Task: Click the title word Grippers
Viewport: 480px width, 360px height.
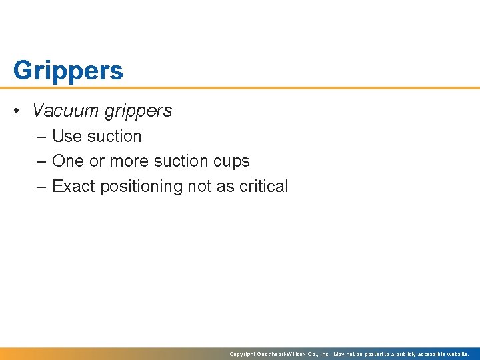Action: (68, 71)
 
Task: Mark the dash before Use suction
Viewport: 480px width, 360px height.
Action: (41, 137)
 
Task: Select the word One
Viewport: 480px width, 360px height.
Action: (67, 161)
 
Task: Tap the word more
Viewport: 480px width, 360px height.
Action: (130, 161)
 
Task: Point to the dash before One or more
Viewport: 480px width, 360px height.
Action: (41, 162)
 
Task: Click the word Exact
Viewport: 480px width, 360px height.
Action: (73, 187)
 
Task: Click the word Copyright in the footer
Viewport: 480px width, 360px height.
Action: (243, 354)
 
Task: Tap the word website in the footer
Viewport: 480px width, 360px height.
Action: (456, 354)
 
